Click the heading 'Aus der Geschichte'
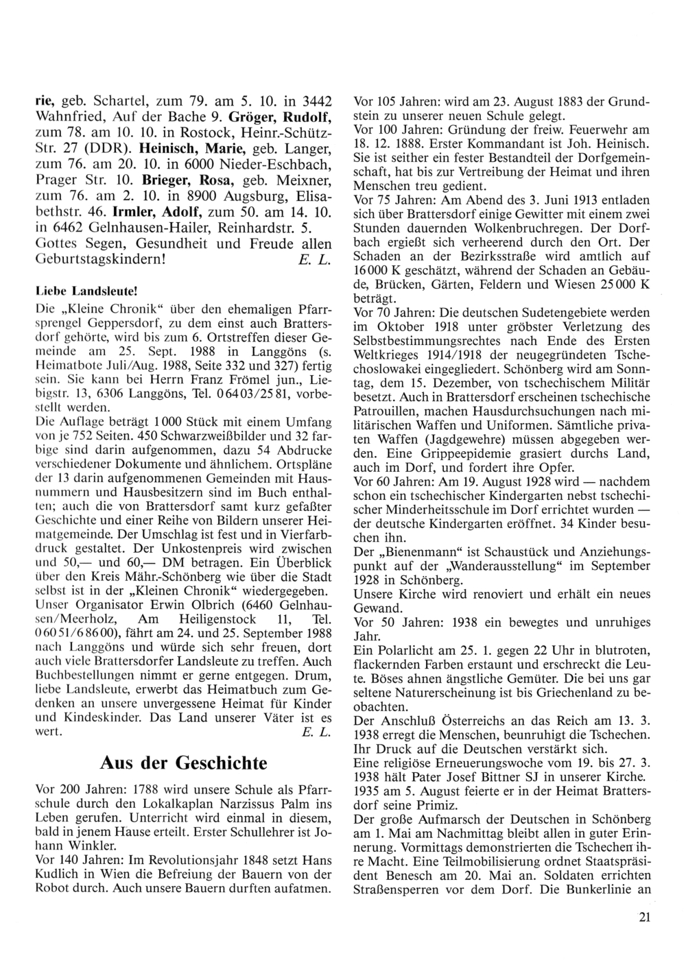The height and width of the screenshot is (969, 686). tap(183, 763)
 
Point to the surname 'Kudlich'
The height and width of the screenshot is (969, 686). tap(57, 876)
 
